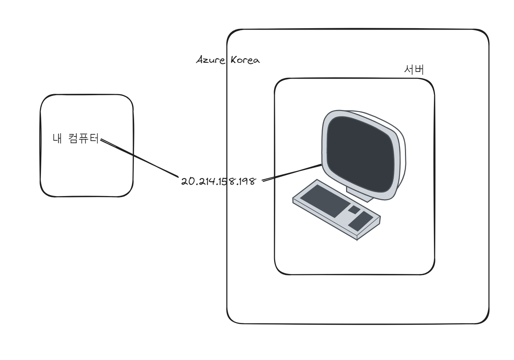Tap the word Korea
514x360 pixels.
click(x=245, y=60)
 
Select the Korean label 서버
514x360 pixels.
click(x=413, y=70)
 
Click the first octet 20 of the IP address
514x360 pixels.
click(x=186, y=182)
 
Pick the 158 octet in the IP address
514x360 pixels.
click(x=224, y=182)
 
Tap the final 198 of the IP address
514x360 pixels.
click(x=245, y=182)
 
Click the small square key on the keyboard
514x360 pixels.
click(x=354, y=210)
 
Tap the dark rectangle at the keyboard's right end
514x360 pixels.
click(x=361, y=221)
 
